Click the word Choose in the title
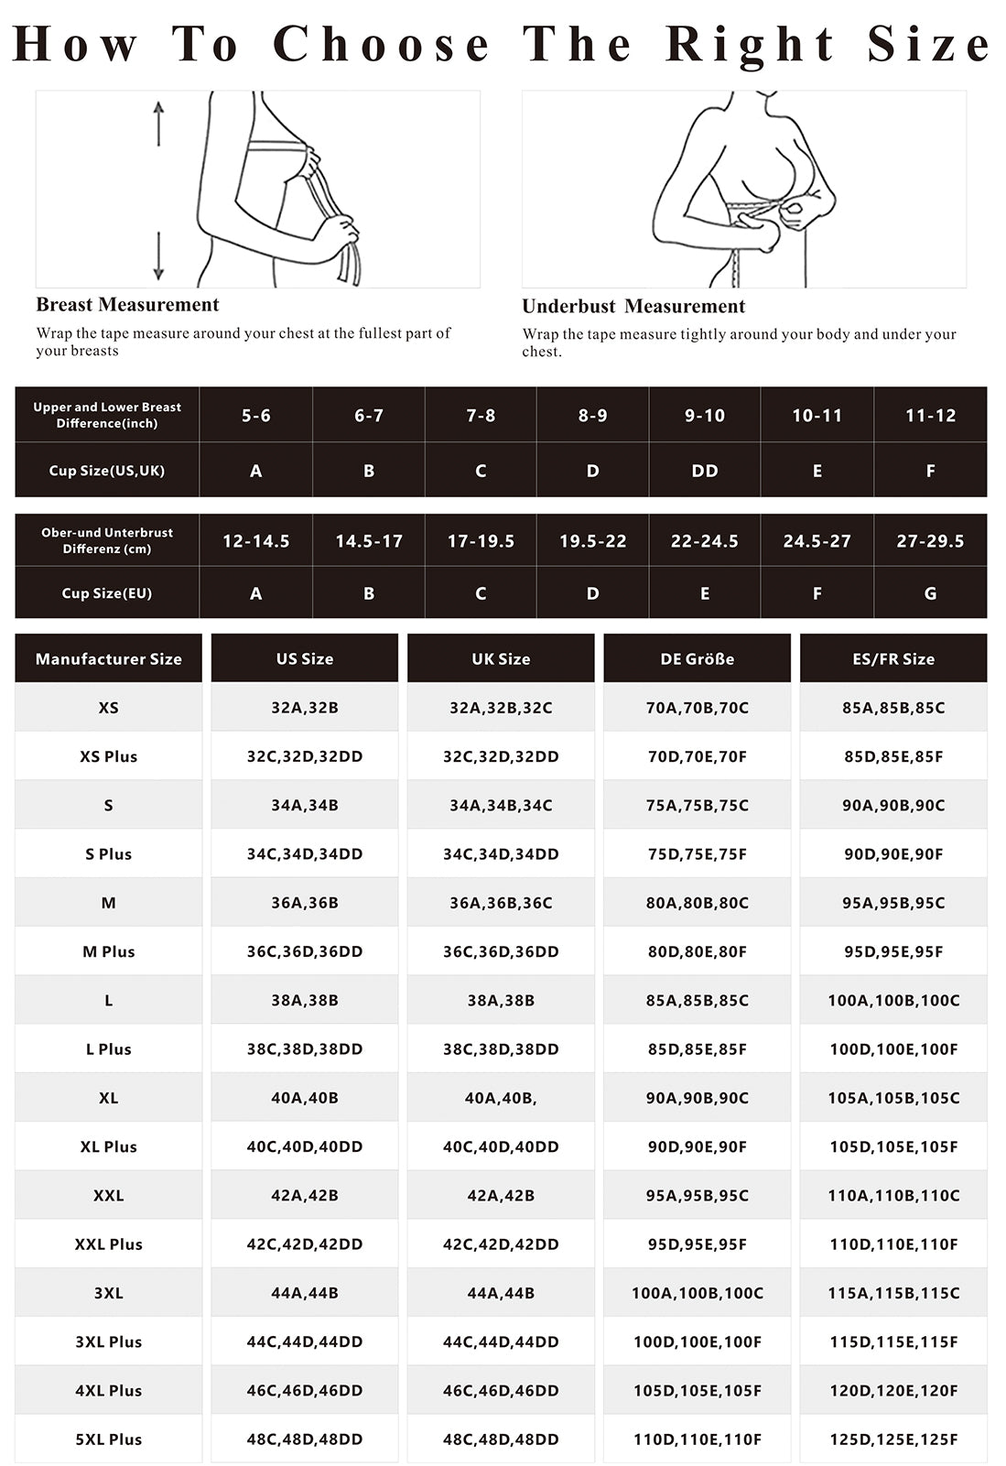coord(381,44)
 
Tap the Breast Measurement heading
coord(127,305)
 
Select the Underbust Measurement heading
coord(633,307)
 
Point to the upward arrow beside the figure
coord(158,123)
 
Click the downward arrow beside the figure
coord(158,256)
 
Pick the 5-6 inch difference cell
coord(256,416)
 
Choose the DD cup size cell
coord(705,471)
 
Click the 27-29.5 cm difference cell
coord(930,541)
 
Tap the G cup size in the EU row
coord(930,593)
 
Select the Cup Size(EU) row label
coord(107,593)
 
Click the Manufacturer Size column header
coord(108,658)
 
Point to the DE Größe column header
coord(698,658)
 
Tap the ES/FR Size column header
coord(893,658)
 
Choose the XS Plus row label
coord(108,756)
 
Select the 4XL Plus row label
coord(108,1390)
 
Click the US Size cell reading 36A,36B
coord(305,903)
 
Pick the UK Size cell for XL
coord(501,1098)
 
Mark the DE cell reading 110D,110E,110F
coord(698,1439)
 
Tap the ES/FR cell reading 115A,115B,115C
coord(893,1293)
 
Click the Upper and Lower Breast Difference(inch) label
coord(107,415)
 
